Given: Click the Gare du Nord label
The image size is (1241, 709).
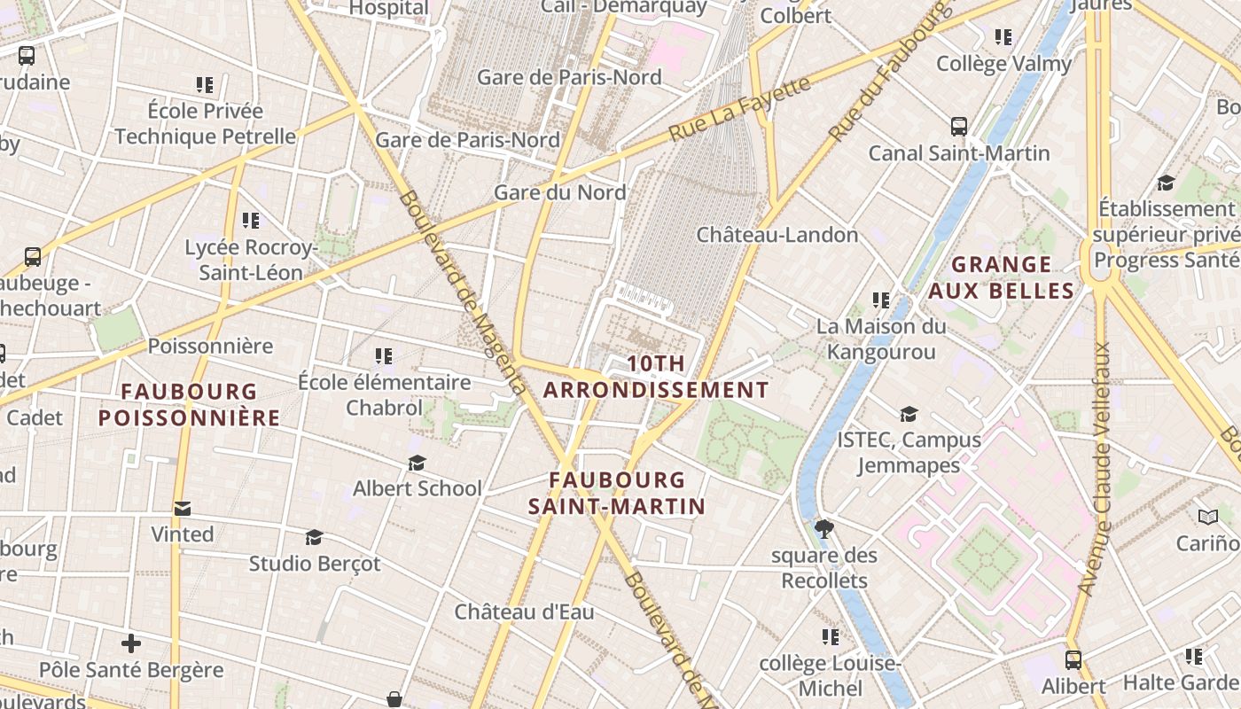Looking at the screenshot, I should [x=559, y=192].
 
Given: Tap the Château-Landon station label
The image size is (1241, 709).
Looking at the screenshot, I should [x=777, y=235].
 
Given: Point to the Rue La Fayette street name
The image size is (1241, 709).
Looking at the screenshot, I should [x=739, y=109].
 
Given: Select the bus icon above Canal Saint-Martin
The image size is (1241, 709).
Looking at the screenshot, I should [x=958, y=127].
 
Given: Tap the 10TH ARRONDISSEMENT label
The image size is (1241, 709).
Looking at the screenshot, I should [x=656, y=377].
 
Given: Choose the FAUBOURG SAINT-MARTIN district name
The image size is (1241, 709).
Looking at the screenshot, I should [x=617, y=493].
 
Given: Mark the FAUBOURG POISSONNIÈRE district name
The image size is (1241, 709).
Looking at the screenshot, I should [x=189, y=404].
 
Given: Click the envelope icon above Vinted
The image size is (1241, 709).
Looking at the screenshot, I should [x=182, y=509].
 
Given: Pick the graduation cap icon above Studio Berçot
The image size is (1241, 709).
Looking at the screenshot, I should [x=314, y=538].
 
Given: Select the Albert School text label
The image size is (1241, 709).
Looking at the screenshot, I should [x=418, y=488].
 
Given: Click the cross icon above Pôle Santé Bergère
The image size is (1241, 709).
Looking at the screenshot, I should [x=131, y=643].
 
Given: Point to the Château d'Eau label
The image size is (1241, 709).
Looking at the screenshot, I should [x=524, y=612].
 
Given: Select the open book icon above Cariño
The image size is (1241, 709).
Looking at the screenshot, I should [x=1207, y=517].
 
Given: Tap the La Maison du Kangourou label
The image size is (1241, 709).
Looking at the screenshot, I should [x=880, y=339].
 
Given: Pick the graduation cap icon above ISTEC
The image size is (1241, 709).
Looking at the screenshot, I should [x=909, y=414].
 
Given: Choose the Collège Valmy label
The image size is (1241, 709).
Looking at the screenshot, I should [x=1003, y=64].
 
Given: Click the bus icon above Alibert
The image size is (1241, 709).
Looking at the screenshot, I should [x=1073, y=660].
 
